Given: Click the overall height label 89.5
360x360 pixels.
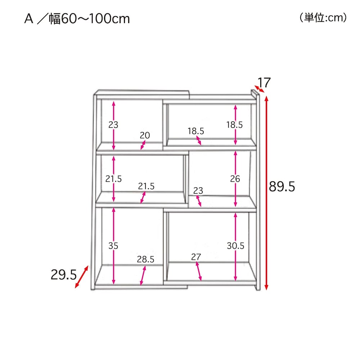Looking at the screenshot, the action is (282, 186).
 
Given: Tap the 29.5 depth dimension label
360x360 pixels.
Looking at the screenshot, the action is (64, 275).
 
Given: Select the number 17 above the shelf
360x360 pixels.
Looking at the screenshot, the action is (264, 83).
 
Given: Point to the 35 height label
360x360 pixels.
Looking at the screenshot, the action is (113, 246).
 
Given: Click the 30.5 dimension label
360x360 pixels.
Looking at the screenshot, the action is (235, 246).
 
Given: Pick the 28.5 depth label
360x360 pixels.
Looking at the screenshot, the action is (145, 260).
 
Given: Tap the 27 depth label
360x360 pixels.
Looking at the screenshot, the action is (196, 257).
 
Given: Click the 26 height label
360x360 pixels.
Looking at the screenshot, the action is (235, 179).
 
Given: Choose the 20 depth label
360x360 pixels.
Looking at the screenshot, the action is (145, 135).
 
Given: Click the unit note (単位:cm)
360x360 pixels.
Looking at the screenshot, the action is (323, 18).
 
